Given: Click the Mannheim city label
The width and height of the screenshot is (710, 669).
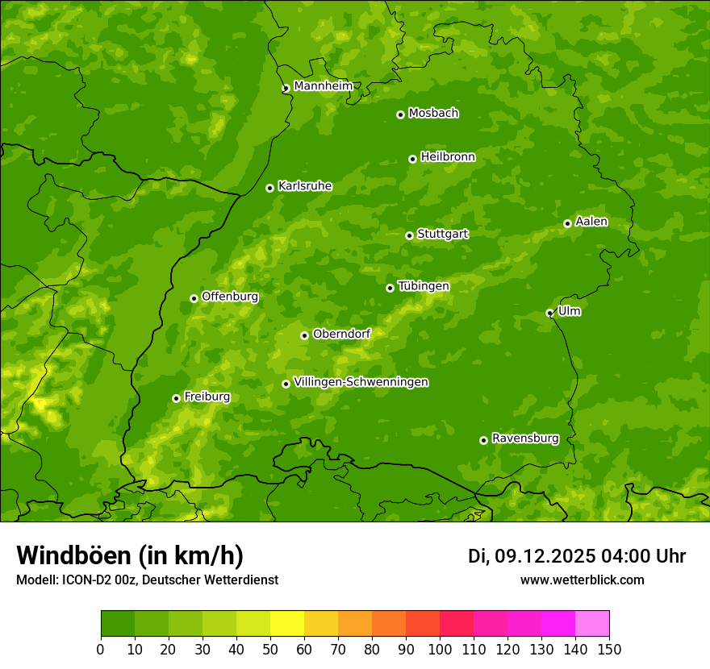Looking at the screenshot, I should [324, 86].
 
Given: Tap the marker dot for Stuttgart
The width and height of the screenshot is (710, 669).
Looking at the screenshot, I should [409, 235].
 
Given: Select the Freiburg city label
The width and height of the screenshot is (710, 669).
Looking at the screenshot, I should [207, 397].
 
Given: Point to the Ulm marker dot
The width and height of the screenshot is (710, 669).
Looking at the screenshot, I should [549, 313].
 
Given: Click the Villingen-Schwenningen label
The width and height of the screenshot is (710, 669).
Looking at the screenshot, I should [361, 382].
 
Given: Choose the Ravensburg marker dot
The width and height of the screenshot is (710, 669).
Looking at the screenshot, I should [483, 440].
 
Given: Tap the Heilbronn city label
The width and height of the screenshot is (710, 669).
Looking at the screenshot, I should [448, 157].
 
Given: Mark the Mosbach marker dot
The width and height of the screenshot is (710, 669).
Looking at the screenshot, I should [400, 114].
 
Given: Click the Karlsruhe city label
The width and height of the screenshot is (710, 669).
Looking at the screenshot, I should [305, 186].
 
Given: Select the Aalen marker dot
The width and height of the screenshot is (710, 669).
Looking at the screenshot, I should [567, 223].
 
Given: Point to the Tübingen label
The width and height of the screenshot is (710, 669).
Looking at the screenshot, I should [424, 286].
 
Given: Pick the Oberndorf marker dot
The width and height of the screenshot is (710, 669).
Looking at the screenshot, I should [304, 335].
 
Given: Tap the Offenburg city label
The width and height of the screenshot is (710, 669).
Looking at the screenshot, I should [230, 297].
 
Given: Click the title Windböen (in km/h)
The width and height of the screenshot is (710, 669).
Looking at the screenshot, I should [130, 555].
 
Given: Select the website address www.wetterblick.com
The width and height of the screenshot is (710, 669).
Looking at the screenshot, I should [582, 580].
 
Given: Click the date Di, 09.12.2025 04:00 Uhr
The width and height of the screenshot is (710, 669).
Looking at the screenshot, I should [577, 556].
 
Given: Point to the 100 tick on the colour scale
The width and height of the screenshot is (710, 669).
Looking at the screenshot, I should [440, 649].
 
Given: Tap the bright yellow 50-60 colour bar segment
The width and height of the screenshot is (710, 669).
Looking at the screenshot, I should [287, 623].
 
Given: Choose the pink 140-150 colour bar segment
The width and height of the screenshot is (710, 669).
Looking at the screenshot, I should [592, 623].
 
